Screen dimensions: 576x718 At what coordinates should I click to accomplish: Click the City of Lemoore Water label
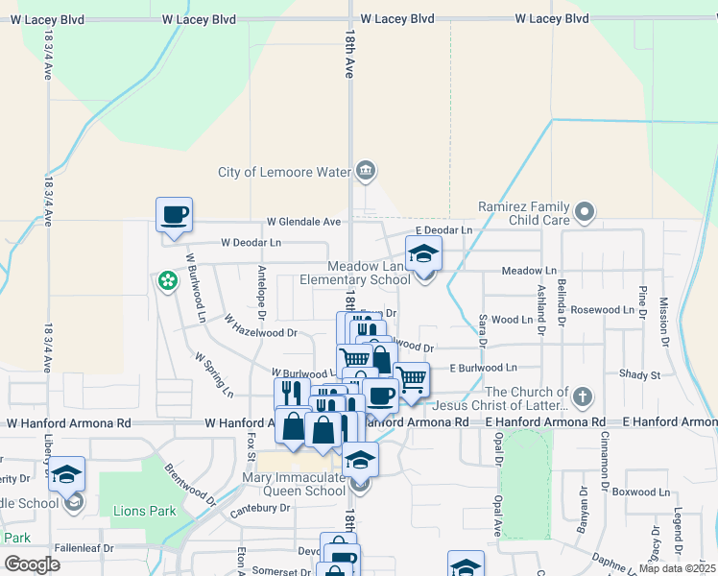tap(285, 173)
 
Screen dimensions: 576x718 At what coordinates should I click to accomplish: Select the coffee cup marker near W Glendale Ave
tap(174, 215)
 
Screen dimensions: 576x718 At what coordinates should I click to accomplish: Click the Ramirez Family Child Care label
tap(523, 214)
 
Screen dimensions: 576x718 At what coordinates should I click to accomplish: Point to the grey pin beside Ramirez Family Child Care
tap(586, 212)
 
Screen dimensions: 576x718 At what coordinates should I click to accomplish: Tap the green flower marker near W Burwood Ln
tap(168, 281)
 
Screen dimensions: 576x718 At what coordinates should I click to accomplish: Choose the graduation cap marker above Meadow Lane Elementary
tap(421, 254)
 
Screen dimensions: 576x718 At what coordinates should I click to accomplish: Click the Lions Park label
tap(144, 511)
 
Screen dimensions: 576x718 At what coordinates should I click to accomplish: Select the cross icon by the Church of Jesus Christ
tap(582, 397)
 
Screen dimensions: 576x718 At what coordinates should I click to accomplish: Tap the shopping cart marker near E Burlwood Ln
tap(411, 378)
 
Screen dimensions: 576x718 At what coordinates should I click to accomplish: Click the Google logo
tap(32, 564)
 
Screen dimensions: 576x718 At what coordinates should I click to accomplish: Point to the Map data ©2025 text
tap(676, 568)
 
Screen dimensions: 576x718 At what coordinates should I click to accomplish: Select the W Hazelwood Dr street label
tap(261, 333)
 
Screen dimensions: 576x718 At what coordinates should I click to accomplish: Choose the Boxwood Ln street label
tap(638, 492)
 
